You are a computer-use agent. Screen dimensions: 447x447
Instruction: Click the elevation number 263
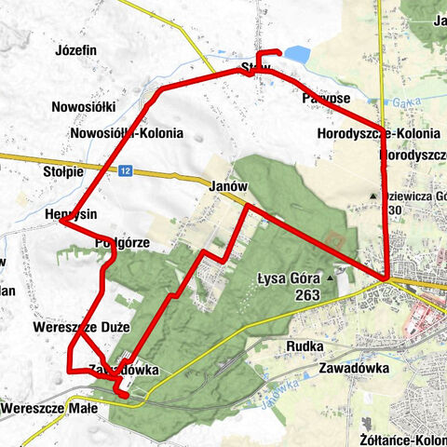[x=305, y=295]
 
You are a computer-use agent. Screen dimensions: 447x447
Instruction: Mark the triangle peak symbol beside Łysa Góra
[x=330, y=278]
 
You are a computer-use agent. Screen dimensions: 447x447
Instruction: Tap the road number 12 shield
[x=126, y=170]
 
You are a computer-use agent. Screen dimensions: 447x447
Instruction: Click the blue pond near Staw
[x=296, y=55]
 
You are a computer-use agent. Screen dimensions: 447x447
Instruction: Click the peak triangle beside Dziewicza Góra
[x=372, y=196]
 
